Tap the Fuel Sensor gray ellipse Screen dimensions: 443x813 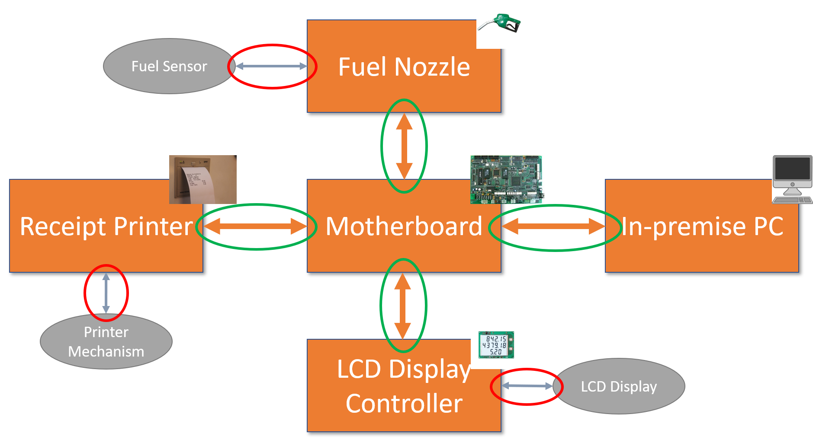tap(169, 66)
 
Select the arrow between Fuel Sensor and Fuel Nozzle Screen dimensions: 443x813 tap(271, 66)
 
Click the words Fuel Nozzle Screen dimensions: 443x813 tap(404, 67)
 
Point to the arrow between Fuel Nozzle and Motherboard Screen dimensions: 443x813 tap(404, 146)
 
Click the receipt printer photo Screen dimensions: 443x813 tap(202, 179)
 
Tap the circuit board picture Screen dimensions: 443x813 tap(507, 179)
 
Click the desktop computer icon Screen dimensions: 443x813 tap(792, 179)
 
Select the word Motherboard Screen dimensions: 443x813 tap(404, 226)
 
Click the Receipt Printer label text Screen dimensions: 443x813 tap(106, 226)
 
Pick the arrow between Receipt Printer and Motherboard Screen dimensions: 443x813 tap(255, 226)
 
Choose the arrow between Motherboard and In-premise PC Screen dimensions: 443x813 tap(553, 226)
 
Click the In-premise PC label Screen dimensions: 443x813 tap(702, 226)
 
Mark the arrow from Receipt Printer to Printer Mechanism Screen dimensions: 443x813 tap(106, 293)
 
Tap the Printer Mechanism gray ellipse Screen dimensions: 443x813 tap(106, 342)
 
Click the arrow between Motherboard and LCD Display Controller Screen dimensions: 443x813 tap(403, 306)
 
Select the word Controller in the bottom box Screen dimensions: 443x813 tap(404, 404)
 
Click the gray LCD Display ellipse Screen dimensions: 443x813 tap(619, 386)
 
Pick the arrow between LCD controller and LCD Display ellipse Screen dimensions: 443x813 tap(527, 386)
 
